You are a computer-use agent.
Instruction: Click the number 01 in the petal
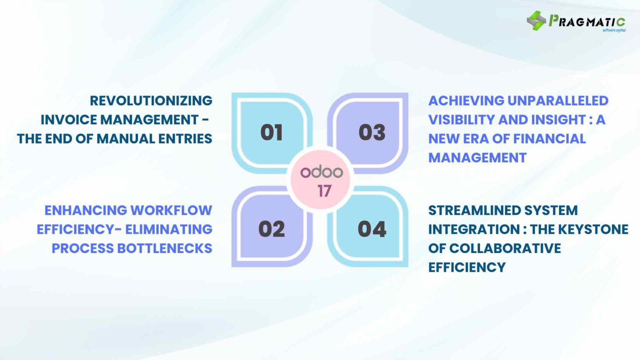271,132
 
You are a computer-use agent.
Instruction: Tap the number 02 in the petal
271,229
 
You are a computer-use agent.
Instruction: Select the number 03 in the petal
372,132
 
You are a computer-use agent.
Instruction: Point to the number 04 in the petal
372,229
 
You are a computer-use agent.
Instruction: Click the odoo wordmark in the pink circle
321,172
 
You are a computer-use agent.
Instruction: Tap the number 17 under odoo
324,191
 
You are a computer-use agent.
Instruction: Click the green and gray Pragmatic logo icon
536,20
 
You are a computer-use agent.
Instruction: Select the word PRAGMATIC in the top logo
587,21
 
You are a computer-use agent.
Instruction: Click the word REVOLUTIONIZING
151,100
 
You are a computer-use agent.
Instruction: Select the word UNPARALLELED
558,100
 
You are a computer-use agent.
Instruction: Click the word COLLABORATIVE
505,248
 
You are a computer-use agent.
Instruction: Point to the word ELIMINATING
169,229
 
